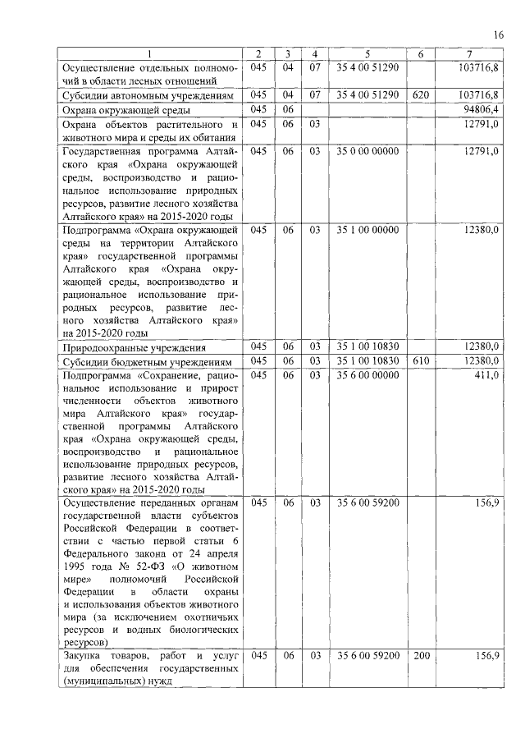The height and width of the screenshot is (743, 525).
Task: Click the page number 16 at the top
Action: pos(498,34)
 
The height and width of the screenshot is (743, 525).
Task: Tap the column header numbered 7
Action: pos(468,54)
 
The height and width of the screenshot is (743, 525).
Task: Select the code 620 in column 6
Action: pos(421,95)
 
